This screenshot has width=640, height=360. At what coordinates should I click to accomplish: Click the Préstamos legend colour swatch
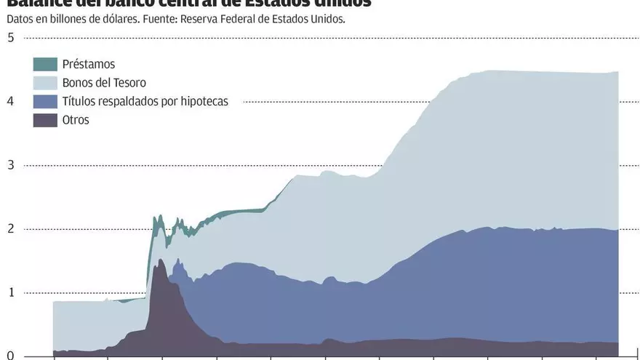(x=45, y=64)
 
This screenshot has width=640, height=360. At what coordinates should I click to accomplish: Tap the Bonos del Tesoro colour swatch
(x=45, y=83)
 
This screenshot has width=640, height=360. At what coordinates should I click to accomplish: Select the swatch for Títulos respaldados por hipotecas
(x=45, y=102)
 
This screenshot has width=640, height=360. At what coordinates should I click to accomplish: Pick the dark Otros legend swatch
(x=45, y=120)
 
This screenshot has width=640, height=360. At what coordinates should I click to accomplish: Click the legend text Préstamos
(x=89, y=64)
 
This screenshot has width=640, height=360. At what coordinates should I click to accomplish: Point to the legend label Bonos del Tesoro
(x=104, y=83)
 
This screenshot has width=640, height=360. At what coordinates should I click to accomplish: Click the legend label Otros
(x=76, y=120)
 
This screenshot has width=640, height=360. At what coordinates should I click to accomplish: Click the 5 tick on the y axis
(x=11, y=38)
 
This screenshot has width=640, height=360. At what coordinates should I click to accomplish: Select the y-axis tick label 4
(x=11, y=101)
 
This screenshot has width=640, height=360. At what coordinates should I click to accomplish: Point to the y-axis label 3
(x=11, y=165)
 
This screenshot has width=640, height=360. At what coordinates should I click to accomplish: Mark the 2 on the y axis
(x=11, y=229)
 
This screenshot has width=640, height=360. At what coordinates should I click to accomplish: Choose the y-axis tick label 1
(x=11, y=293)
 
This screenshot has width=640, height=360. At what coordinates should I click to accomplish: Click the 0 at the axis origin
(x=11, y=356)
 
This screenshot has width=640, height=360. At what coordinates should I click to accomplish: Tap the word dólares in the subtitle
(x=120, y=20)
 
